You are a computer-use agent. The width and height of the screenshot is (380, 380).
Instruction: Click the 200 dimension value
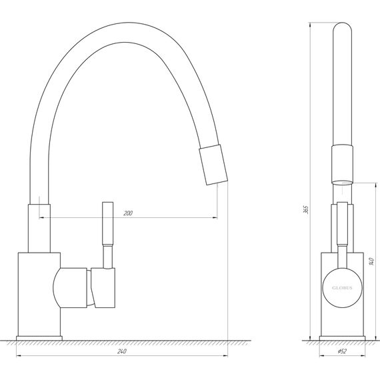128,213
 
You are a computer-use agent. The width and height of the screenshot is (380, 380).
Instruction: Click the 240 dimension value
122,352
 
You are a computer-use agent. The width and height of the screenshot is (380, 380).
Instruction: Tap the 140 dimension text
369,263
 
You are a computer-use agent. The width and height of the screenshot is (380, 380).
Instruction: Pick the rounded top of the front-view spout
342,30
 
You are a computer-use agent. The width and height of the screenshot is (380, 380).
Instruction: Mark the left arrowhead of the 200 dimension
41,217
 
